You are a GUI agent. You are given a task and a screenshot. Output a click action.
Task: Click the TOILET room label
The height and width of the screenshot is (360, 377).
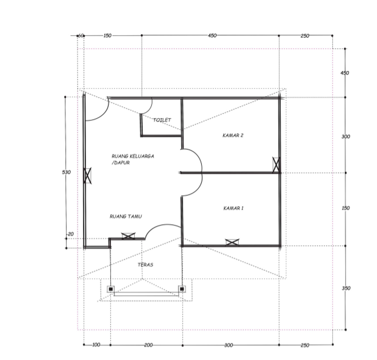pos(162,120)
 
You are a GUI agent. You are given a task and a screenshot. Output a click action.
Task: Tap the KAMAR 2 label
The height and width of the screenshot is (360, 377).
pos(233,135)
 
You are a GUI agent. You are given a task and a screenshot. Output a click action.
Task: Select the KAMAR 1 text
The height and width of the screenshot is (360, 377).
pos(233,208)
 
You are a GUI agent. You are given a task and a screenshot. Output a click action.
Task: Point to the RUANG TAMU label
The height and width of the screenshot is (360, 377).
pos(126,216)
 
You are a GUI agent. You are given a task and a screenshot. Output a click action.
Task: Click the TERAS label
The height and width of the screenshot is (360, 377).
pos(145,265)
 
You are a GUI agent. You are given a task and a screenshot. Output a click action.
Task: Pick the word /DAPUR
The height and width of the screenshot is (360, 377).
pos(121,163)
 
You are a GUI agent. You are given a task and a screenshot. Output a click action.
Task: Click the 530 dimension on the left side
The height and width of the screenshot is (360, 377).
pos(66,172)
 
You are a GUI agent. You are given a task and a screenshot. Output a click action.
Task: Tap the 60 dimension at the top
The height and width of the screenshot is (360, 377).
pos(81,36)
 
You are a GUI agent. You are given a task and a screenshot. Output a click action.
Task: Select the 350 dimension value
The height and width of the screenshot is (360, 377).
pos(346,288)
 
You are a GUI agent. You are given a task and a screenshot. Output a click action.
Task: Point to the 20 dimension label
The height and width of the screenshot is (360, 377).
pos(70,234)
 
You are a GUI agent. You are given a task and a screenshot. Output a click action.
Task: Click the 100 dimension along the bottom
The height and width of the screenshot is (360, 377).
pos(96,345)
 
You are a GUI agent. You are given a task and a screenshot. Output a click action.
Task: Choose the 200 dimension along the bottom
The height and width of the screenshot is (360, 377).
pos(148,345)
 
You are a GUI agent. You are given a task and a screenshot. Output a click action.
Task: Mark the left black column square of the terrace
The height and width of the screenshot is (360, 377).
pos(110,289)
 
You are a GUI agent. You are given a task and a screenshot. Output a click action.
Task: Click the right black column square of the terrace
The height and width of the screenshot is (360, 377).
pos(182,289)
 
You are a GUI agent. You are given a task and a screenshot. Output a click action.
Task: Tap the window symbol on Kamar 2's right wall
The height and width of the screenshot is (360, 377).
pos(276,165)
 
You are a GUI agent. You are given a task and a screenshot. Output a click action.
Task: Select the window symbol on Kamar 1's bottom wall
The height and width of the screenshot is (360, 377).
pos(232,242)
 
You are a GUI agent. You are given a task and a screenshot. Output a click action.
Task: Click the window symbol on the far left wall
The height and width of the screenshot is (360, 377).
pos(87,176)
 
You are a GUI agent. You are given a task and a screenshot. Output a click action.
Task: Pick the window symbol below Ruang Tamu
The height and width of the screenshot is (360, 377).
pos(128,236)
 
